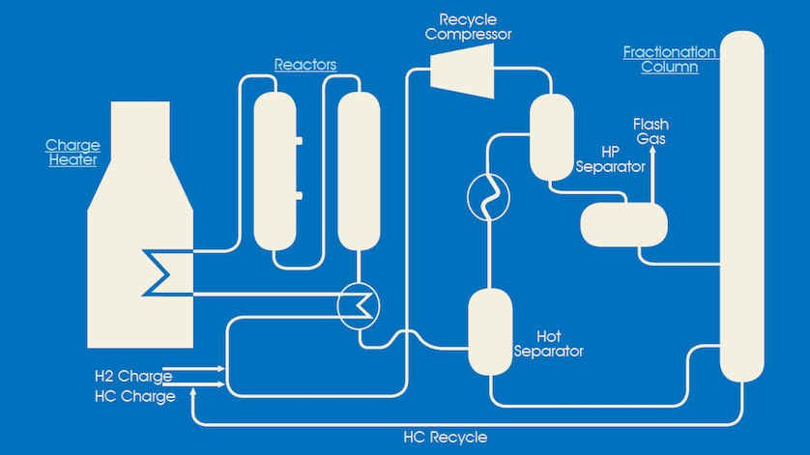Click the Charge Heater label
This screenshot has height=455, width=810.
pos(72,153)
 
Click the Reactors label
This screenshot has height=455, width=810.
pos(305,65)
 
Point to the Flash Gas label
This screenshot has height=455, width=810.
pos(651,131)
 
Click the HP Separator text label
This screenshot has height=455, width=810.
pos(610,159)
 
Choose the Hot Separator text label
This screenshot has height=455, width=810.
pos(561,344)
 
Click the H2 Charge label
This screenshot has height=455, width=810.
pos(133,376)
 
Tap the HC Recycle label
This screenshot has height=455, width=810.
pos(445,438)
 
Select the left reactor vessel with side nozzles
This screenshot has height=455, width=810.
pos(275,170)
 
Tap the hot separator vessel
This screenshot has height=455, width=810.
pos(490,331)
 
